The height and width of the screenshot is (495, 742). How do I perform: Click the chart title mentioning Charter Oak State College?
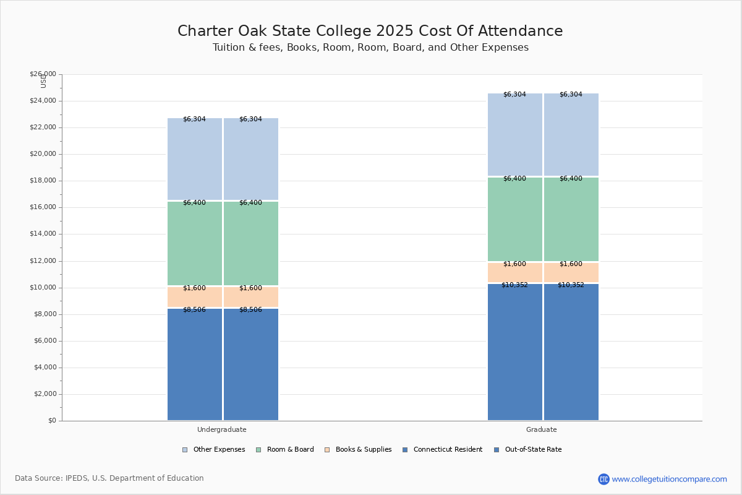tap(370, 32)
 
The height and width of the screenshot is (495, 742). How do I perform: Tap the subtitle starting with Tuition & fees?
tap(370, 48)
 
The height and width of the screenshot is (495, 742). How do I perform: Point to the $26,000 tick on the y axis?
tap(43, 74)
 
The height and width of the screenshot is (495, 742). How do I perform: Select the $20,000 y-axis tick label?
tap(43, 154)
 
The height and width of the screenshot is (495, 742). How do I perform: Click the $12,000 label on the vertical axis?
tap(43, 261)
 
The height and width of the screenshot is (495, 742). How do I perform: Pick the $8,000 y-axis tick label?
tap(45, 314)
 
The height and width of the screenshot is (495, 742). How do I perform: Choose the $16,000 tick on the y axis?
tap(43, 207)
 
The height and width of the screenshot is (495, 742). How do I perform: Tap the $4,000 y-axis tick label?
tap(45, 368)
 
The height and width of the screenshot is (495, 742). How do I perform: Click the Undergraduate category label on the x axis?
tap(222, 429)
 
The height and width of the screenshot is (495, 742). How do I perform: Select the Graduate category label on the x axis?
tap(542, 429)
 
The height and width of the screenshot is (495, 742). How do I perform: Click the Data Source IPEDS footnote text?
tap(109, 478)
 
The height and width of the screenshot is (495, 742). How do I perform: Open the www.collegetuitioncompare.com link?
tap(670, 479)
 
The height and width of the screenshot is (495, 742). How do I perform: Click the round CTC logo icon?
tap(603, 479)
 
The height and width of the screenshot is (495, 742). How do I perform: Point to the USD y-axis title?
tap(43, 81)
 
